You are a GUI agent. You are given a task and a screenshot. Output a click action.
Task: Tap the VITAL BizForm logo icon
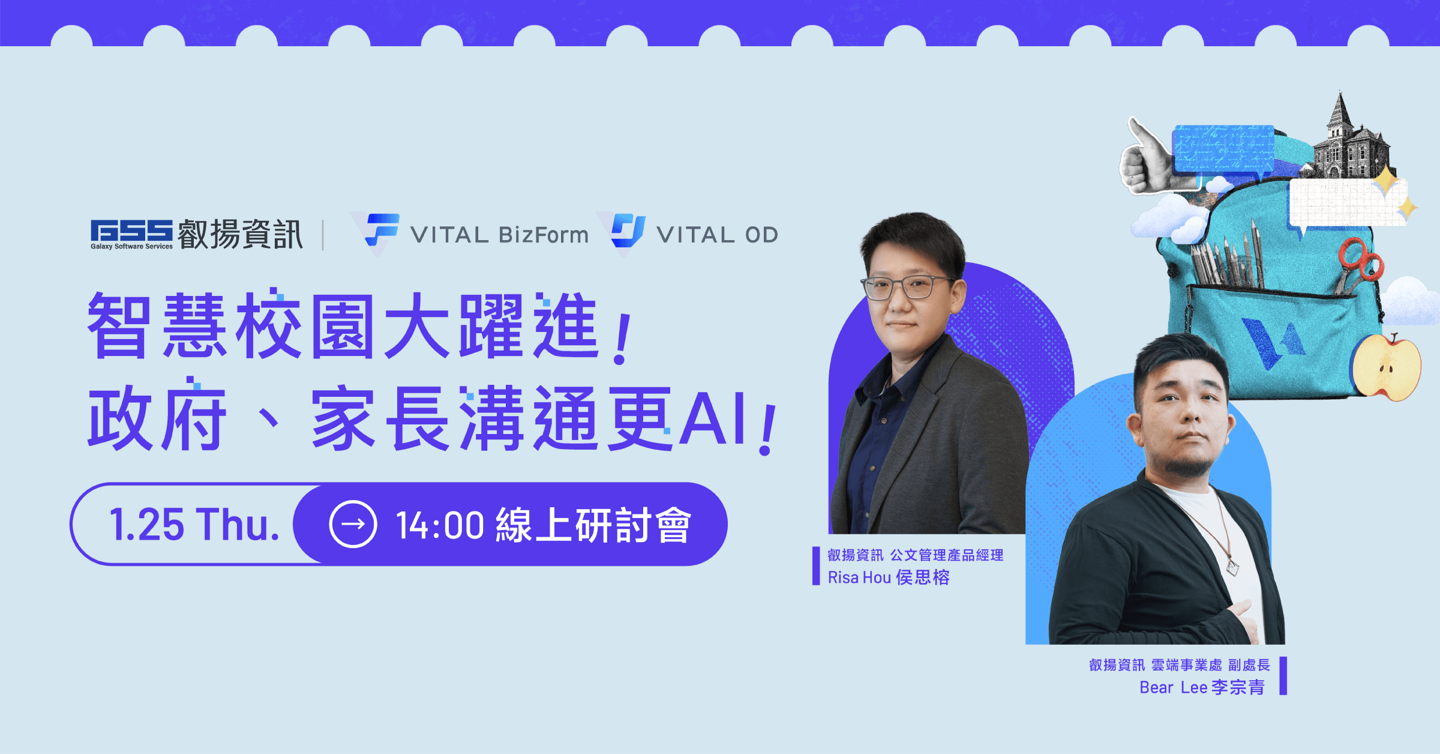382,230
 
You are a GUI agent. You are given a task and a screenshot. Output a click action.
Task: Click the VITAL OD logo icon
628,231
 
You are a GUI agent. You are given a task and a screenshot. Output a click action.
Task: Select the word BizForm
544,235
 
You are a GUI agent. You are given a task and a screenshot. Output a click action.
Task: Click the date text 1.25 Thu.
194,525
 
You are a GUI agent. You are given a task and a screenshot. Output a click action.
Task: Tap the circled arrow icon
353,524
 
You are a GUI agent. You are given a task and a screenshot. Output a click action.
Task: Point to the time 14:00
440,525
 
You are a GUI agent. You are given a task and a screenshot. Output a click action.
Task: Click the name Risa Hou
859,578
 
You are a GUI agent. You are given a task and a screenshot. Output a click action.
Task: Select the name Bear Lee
1173,687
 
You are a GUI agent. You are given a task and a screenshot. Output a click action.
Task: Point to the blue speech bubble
1224,150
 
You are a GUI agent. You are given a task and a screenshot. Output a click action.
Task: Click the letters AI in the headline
714,418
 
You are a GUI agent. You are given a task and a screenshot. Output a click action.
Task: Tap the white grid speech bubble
1348,204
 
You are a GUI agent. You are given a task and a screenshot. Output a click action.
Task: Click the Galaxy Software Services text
131,246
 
